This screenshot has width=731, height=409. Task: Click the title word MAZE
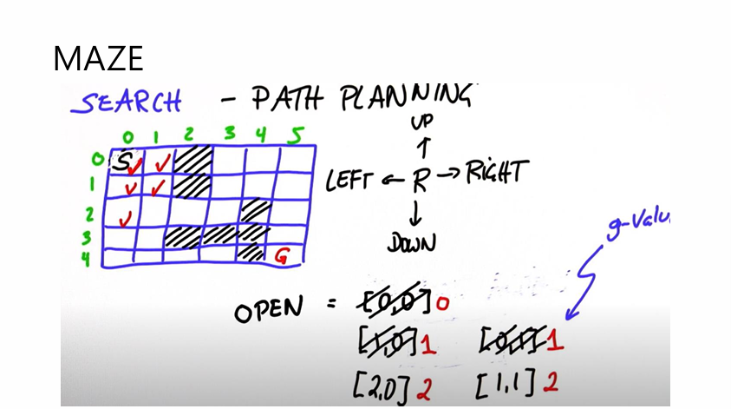pyautogui.click(x=98, y=58)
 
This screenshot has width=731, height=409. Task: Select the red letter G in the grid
pyautogui.click(x=281, y=256)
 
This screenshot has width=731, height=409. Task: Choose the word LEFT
pyautogui.click(x=353, y=181)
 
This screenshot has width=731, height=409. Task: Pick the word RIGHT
pyautogui.click(x=495, y=173)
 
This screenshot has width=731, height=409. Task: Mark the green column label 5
pyautogui.click(x=297, y=134)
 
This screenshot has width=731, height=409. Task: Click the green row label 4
pyautogui.click(x=87, y=257)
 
